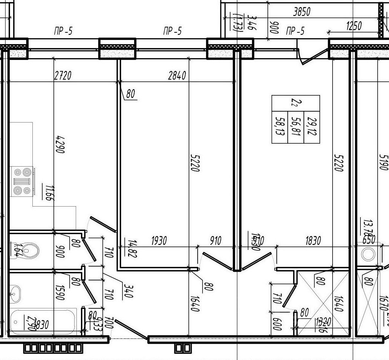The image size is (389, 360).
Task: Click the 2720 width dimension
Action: pyautogui.click(x=63, y=76)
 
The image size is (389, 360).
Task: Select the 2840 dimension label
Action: pyautogui.click(x=177, y=76)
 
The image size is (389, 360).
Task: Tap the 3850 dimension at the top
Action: pyautogui.click(x=302, y=12)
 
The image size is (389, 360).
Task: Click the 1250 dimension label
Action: pyautogui.click(x=354, y=26)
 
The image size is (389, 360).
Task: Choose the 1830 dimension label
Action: pyautogui.click(x=313, y=241)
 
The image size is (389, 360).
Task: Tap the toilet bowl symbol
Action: pyautogui.click(x=30, y=250)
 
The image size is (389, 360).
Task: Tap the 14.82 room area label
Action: pyautogui.click(x=132, y=248)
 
